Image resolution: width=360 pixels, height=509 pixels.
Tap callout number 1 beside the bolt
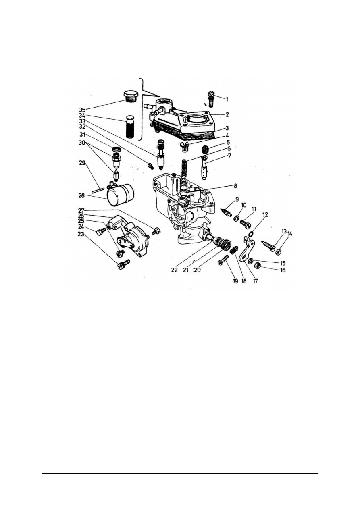click(x=227, y=98)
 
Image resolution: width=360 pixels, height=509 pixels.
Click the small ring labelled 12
click(x=251, y=233)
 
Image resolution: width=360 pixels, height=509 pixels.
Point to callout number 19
click(x=235, y=281)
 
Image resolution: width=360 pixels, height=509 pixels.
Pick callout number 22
click(x=174, y=270)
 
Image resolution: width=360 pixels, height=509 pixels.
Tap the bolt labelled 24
click(x=102, y=231)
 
